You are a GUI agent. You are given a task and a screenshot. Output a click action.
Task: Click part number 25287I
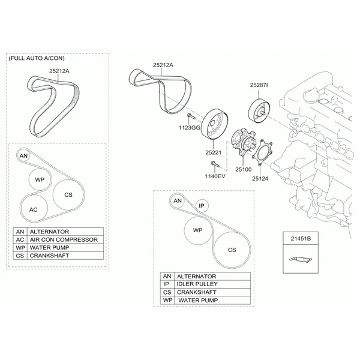[259, 85]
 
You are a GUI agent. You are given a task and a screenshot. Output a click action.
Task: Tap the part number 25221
[213, 152]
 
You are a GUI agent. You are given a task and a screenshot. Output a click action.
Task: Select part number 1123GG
[190, 128]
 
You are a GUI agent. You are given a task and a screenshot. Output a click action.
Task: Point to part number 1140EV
[215, 176]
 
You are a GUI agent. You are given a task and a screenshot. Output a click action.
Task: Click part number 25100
[244, 169]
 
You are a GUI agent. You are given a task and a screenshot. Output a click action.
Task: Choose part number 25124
[260, 178]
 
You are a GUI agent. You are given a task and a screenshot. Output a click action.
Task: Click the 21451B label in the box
[301, 239]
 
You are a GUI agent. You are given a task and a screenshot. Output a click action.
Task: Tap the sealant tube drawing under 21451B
[301, 259]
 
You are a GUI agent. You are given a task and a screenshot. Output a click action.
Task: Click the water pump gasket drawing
[262, 152]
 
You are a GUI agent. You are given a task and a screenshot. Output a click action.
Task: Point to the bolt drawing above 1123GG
[191, 116]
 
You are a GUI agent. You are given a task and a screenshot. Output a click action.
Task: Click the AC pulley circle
[34, 209]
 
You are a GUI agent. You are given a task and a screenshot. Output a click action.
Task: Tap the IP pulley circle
[202, 205]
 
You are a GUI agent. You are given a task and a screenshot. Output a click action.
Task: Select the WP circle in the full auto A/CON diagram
[40, 179]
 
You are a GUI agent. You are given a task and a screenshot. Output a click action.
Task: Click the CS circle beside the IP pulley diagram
[232, 250]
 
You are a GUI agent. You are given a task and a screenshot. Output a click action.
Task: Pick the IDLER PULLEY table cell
[212, 284]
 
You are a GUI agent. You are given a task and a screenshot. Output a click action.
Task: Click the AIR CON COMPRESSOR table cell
[65, 239]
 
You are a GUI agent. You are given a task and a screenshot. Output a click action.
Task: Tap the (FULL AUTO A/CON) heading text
[37, 58]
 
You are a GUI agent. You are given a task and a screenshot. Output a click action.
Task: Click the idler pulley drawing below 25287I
[259, 111]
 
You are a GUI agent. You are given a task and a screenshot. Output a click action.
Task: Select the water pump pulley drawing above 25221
[214, 124]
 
